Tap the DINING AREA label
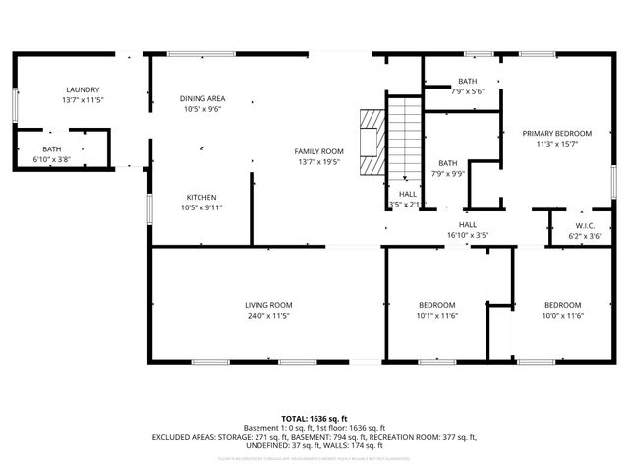202,98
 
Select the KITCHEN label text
201,197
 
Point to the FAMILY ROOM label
319,150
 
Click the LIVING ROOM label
268,305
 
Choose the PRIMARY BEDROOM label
557,133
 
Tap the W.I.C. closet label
585,225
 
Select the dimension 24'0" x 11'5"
268,316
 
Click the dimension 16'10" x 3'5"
467,236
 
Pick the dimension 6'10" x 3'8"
51,158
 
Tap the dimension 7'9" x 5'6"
467,91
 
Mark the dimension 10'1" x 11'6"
436,316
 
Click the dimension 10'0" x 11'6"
563,316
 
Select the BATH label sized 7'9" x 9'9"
448,163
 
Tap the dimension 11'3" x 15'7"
557,144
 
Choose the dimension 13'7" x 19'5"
319,161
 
